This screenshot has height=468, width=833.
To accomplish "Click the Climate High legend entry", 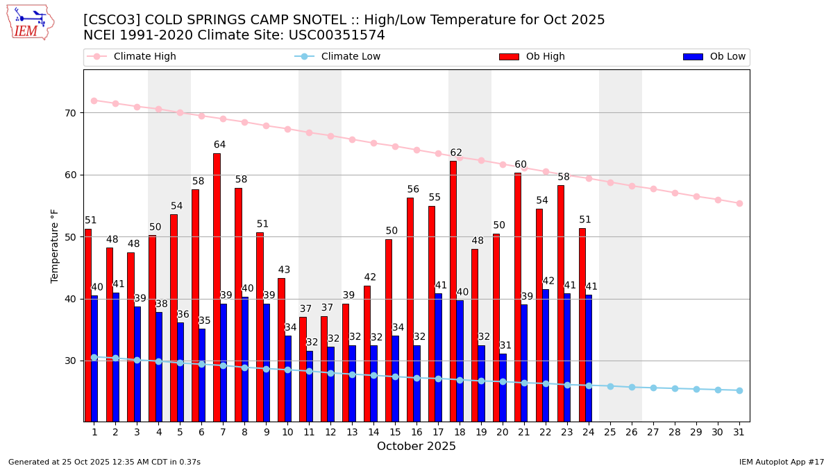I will click(144, 57).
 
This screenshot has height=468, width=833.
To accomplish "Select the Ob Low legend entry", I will click(725, 57).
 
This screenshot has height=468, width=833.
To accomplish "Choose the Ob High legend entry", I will click(545, 57).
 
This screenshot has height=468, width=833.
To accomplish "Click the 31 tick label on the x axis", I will click(739, 432).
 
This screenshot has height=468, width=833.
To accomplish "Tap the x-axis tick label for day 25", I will click(610, 432).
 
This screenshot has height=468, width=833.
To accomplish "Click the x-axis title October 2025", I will click(416, 447).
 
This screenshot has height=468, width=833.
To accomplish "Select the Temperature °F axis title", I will click(55, 245).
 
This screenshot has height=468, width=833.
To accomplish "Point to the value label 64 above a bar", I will click(219, 145).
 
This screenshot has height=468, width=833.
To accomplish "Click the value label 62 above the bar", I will click(456, 153).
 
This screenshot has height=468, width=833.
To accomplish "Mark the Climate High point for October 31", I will click(739, 203).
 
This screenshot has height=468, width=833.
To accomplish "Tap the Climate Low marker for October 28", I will click(675, 388).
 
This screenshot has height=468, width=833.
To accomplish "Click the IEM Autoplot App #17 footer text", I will click(781, 462).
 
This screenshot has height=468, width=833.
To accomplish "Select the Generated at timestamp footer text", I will click(104, 462).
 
